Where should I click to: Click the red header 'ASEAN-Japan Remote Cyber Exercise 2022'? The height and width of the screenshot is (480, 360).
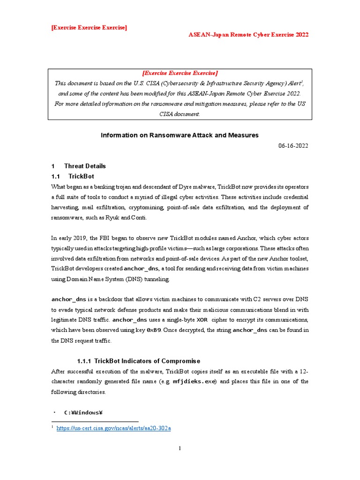click(248, 35)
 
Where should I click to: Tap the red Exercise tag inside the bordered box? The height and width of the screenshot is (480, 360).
click(180, 73)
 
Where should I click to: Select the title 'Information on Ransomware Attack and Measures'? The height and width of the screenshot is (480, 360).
click(180, 135)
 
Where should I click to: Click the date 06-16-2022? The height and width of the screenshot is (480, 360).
click(293, 146)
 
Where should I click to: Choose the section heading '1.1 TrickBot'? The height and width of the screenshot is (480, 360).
click(73, 176)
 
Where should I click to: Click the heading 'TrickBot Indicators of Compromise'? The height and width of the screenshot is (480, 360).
click(147, 361)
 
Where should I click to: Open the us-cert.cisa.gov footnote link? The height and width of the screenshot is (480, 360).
click(114, 428)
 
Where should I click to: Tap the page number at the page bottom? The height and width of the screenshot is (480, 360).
click(180, 449)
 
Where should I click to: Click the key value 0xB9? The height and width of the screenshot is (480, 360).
click(154, 330)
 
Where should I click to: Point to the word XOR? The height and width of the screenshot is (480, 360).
click(202, 320)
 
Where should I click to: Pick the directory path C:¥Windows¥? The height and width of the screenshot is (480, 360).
click(83, 412)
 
